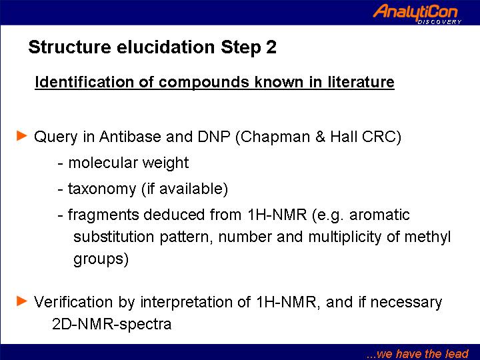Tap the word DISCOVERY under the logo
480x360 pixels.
[439, 22]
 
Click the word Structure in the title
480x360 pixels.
[69, 47]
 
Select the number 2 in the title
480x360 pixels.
[271, 47]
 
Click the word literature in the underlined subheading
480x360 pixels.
[361, 82]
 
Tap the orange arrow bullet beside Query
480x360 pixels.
[22, 135]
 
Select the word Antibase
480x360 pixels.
[130, 137]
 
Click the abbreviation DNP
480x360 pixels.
[214, 137]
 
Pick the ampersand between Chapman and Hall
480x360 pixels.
[320, 137]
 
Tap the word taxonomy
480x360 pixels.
[102, 189]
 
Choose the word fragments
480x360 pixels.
[103, 215]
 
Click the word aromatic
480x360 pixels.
[379, 215]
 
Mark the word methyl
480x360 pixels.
[427, 237]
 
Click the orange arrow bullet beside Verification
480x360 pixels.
[22, 301]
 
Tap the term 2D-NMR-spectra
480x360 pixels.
[112, 324]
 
